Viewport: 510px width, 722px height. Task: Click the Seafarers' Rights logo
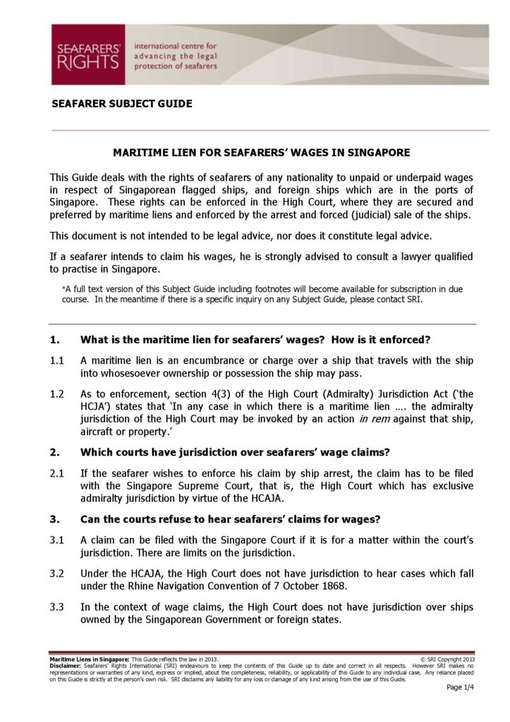[x=88, y=55]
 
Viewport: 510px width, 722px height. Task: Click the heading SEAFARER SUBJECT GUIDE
[x=122, y=104]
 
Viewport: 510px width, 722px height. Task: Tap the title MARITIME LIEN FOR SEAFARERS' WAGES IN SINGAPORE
[x=262, y=152]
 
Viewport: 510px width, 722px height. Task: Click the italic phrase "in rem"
[x=375, y=420]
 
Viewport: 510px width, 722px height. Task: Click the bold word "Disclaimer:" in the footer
[x=66, y=665]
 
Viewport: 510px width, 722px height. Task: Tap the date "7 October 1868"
[x=307, y=587]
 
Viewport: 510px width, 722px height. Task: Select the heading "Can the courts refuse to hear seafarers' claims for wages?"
[x=231, y=520]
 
